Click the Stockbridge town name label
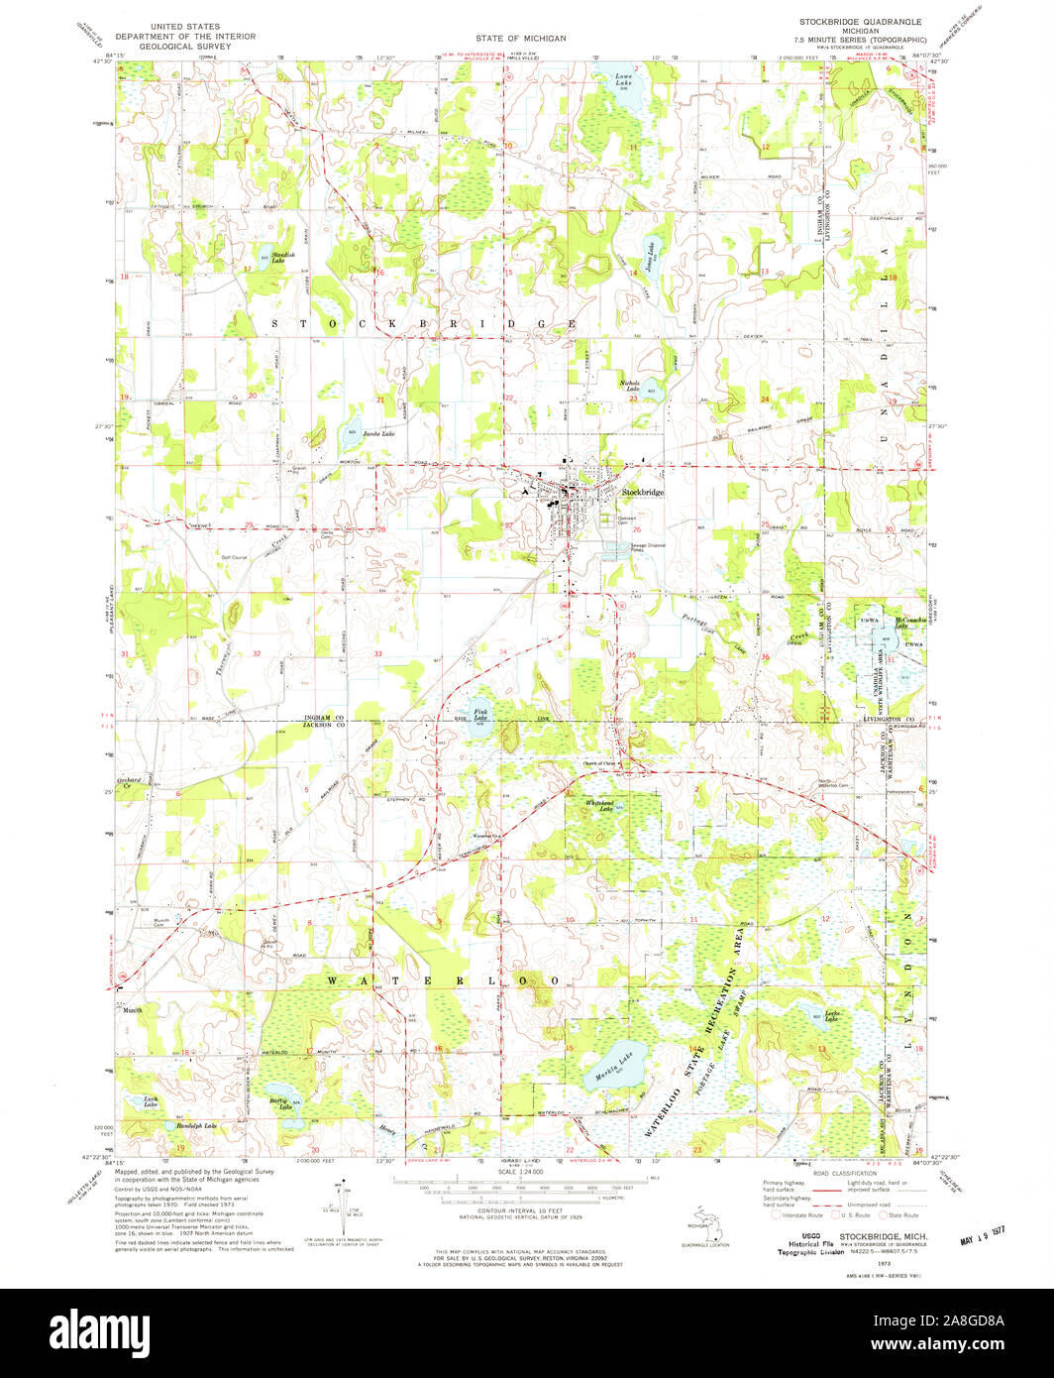pyautogui.click(x=643, y=492)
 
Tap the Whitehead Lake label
pyautogui.click(x=599, y=805)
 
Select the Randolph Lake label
pyautogui.click(x=195, y=1127)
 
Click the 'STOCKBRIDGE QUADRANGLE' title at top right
pyautogui.click(x=860, y=21)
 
